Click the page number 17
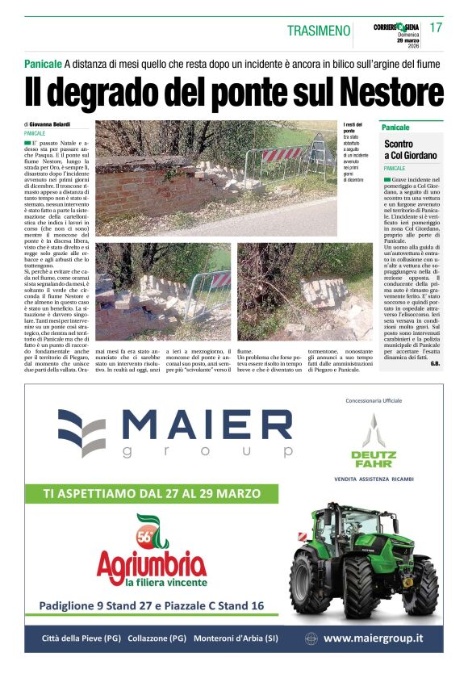pyautogui.click(x=436, y=27)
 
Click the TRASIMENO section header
pyautogui.click(x=319, y=31)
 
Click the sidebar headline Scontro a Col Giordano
pyautogui.click(x=411, y=149)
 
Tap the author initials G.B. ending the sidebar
pyautogui.click(x=434, y=364)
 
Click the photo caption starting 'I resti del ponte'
pyautogui.click(x=354, y=153)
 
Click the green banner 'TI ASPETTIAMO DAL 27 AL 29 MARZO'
pyautogui.click(x=152, y=492)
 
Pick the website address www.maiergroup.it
pyautogui.click(x=372, y=638)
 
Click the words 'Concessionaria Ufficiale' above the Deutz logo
pyautogui.click(x=373, y=400)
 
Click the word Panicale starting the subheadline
pyautogui.click(x=43, y=63)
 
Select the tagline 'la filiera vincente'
pyautogui.click(x=165, y=582)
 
